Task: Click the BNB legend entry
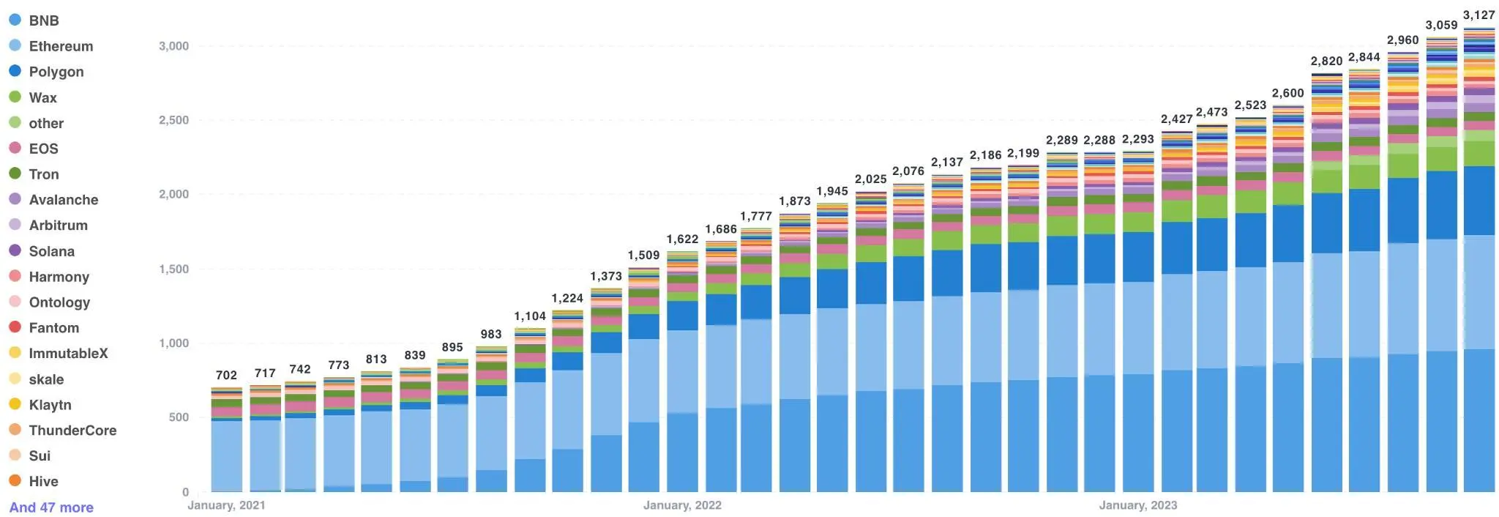coord(43,21)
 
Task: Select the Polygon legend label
coord(56,72)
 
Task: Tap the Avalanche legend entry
coord(63,200)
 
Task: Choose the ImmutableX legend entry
coord(68,354)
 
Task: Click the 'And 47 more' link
coord(51,507)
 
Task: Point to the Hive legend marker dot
coord(15,481)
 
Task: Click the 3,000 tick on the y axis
coord(173,46)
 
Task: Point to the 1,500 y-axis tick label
coord(173,269)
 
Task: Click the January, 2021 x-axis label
coord(226,505)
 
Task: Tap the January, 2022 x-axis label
coord(682,505)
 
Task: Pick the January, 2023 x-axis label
coord(1137,505)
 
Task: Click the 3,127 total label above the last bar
coord(1479,15)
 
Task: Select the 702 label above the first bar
coord(226,375)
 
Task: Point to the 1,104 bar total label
coord(530,316)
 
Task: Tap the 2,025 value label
coord(870,179)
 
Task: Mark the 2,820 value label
coord(1326,62)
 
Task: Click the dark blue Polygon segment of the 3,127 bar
coord(1479,200)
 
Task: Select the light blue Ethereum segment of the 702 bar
coord(226,454)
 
